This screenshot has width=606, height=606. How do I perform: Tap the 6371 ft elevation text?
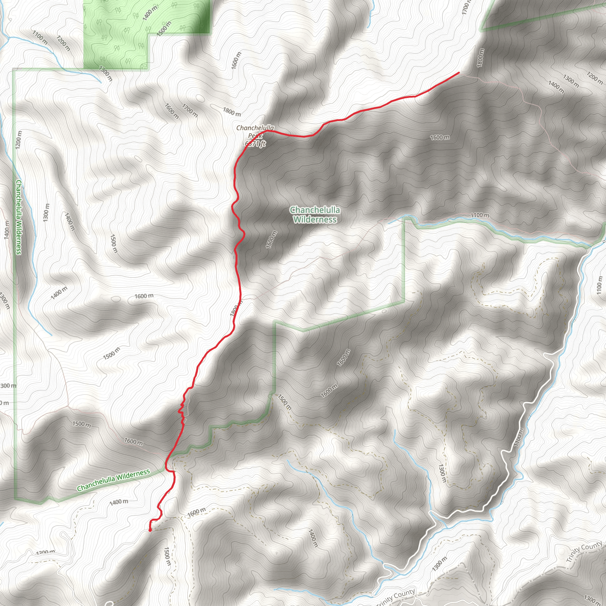[255, 144]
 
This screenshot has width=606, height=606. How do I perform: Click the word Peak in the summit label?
[255, 136]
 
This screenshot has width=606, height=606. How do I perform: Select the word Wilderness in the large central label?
[315, 220]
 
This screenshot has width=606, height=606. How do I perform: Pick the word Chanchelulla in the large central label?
[315, 210]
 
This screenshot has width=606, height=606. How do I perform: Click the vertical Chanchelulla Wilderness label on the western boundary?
[19, 217]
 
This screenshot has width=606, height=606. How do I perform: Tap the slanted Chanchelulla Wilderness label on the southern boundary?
[113, 480]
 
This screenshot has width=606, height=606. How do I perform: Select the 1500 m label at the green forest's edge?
[164, 28]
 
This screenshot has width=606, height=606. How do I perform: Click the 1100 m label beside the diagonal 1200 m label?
[40, 37]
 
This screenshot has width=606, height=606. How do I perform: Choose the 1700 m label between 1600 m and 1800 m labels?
[190, 110]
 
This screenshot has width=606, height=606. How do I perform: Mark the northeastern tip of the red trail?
[459, 73]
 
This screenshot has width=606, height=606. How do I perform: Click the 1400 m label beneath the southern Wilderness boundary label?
[119, 502]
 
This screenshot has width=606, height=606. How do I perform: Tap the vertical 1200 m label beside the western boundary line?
[19, 140]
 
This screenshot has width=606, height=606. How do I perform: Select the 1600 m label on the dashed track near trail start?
[196, 512]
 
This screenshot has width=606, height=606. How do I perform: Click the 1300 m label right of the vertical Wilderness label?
[46, 212]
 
